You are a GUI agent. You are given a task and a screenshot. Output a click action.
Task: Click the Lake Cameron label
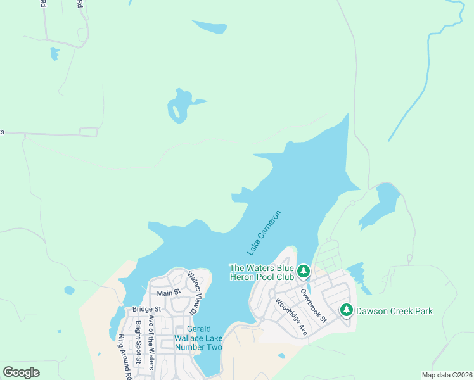264,234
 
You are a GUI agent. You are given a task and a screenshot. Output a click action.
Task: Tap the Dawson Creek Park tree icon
346,310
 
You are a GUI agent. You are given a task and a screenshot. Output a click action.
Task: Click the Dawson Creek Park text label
394,311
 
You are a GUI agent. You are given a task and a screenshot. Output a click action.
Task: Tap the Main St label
169,293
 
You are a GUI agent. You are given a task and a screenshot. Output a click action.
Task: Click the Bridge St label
147,309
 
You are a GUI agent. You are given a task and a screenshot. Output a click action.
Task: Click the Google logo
22,372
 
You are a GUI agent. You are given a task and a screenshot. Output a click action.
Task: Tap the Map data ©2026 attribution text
447,375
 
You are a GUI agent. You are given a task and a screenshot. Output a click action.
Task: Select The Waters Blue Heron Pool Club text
262,272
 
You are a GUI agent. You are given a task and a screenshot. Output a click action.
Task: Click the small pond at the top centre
210,27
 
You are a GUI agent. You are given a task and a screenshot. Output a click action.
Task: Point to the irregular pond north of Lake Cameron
179,104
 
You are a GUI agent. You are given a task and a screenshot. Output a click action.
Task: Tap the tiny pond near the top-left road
54,54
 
